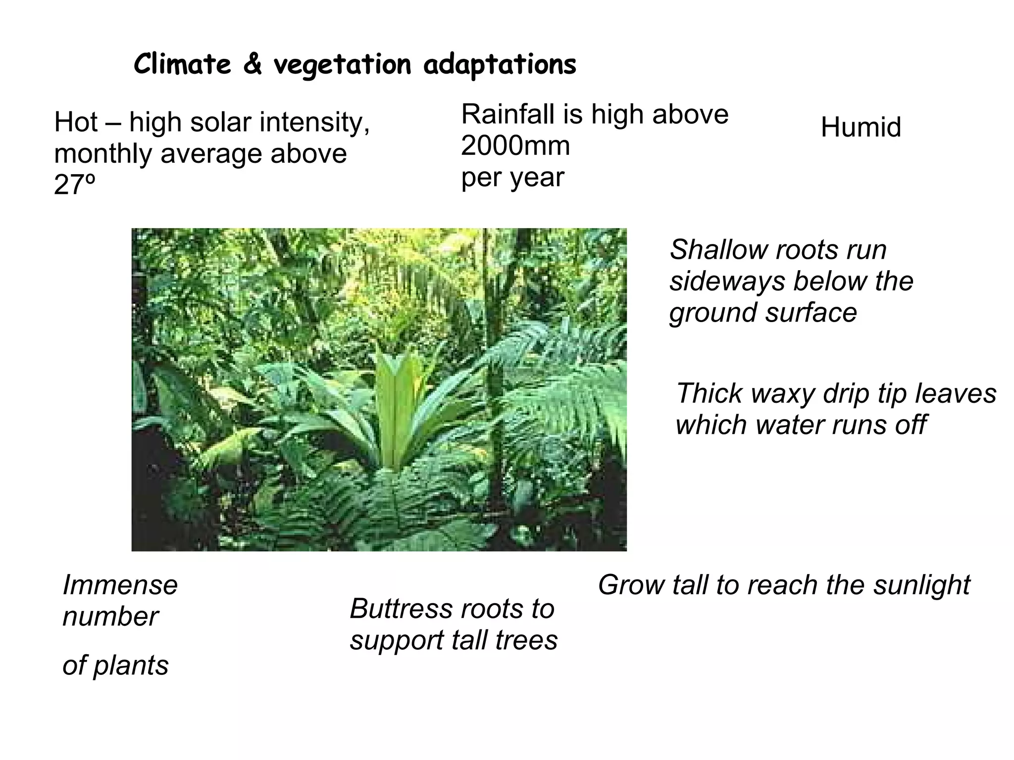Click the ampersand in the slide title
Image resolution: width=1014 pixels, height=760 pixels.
[252, 65]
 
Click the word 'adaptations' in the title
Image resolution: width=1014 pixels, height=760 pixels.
[500, 65]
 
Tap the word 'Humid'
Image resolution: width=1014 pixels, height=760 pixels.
[861, 127]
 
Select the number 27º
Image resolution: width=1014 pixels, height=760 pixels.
[74, 185]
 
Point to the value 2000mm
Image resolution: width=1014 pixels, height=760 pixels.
[515, 146]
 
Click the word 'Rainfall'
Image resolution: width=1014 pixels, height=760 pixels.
[507, 114]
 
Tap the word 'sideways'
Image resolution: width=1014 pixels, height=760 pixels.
[727, 282]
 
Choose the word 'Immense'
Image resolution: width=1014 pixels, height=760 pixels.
[120, 585]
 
